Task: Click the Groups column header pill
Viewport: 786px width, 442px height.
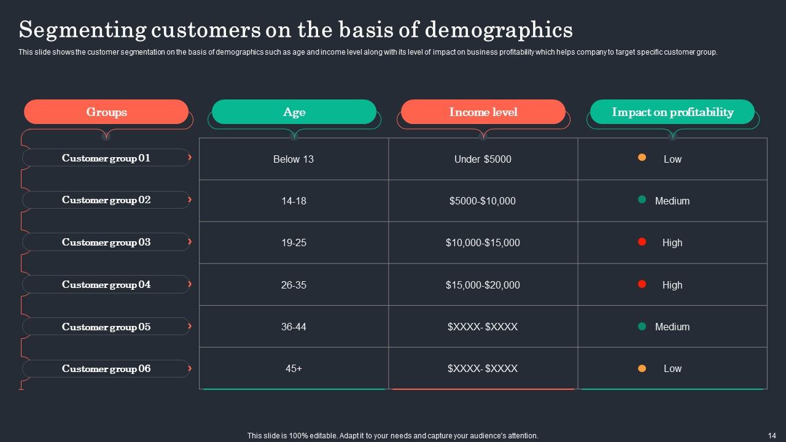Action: pos(106,112)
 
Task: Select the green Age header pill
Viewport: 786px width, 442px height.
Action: pos(294,112)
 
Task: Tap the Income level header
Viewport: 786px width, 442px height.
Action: pos(483,112)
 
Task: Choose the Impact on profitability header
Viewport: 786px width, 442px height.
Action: pos(672,112)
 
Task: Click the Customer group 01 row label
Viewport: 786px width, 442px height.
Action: pos(106,158)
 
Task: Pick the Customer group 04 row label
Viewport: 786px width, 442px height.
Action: pos(106,284)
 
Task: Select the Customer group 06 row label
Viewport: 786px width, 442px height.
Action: pos(106,368)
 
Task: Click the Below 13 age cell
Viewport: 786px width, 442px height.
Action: pos(294,159)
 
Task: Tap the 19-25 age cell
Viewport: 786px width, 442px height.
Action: pos(294,242)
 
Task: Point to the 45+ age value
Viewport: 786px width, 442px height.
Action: pos(294,368)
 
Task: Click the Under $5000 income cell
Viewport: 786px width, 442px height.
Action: pos(483,159)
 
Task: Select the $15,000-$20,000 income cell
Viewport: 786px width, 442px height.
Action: pos(483,285)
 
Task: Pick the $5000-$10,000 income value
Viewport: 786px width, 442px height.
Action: pos(483,201)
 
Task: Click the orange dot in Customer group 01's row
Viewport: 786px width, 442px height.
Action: pos(642,157)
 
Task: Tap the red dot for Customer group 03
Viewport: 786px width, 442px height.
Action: pos(642,241)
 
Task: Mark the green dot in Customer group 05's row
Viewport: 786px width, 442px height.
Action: pos(642,326)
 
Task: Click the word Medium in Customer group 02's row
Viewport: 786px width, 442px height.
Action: pos(672,201)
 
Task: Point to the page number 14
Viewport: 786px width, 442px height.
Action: pos(772,435)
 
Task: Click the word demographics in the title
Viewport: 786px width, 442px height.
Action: pos(498,29)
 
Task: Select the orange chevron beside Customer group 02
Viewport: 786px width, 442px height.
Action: pos(190,200)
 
